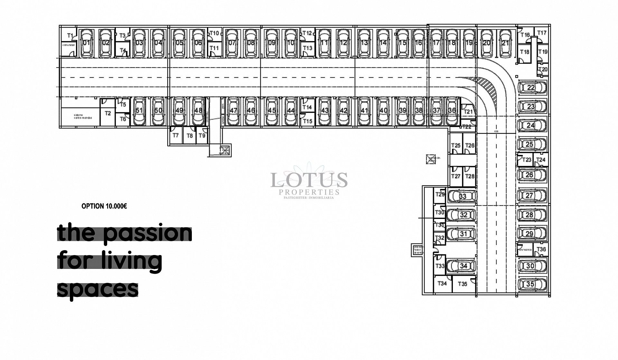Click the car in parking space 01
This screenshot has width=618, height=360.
(86, 43)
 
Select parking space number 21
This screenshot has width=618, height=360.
(505, 43)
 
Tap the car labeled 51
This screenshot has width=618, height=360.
(139, 111)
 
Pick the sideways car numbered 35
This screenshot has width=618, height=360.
(531, 284)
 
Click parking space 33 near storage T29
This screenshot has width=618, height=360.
(463, 196)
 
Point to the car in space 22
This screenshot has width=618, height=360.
(531, 88)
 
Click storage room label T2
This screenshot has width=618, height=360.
(108, 113)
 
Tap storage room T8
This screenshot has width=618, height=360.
(190, 136)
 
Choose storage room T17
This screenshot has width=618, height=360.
(542, 33)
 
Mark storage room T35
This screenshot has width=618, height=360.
(463, 284)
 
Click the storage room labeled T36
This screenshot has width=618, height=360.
(541, 249)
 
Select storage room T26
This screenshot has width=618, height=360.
(470, 146)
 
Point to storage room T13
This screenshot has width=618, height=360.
(308, 48)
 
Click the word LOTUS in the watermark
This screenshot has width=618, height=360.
(309, 180)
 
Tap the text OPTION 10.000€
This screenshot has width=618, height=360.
(104, 206)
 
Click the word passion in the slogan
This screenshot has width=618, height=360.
(148, 233)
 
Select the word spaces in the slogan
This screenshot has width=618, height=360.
(98, 289)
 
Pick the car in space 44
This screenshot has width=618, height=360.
(291, 111)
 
